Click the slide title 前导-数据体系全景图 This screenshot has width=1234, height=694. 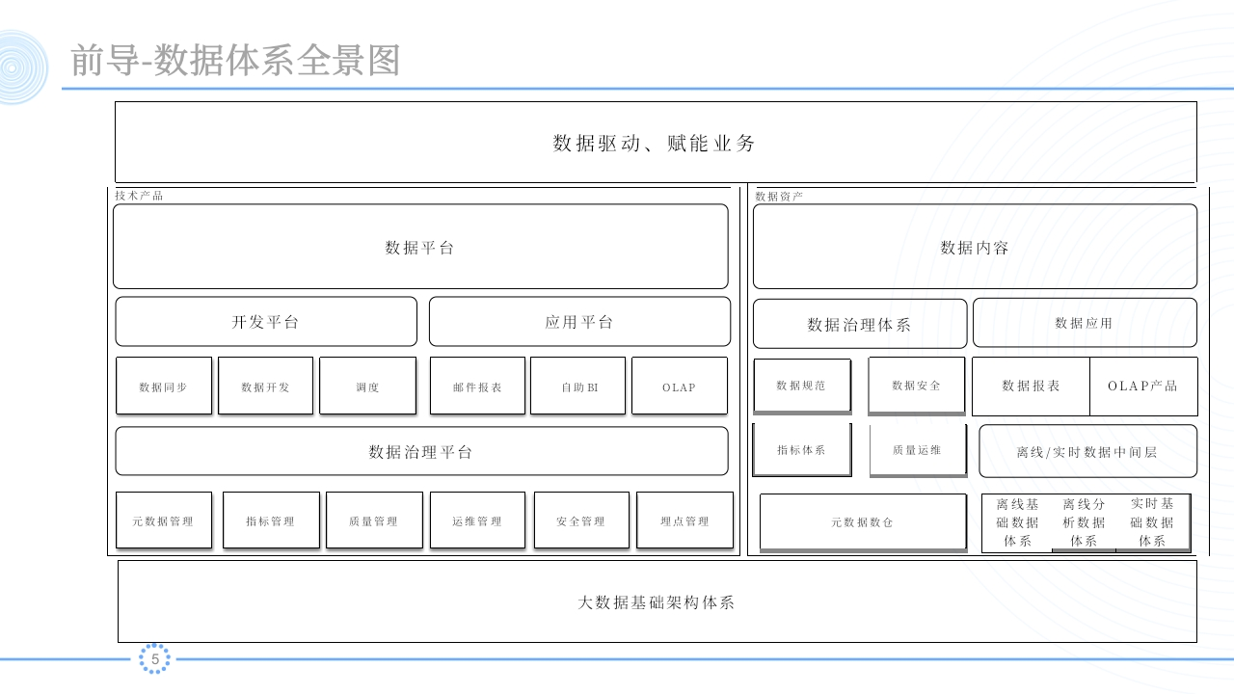click(x=235, y=60)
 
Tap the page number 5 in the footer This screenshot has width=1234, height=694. click(x=155, y=658)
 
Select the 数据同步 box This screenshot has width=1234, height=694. click(x=164, y=386)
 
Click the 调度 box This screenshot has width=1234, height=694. click(x=367, y=386)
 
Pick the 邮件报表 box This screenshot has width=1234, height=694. click(x=477, y=386)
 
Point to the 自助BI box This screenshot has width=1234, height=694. click(x=577, y=386)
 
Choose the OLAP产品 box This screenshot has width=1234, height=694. click(x=1143, y=387)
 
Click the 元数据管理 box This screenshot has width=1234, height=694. click(x=164, y=520)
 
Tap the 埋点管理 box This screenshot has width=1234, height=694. click(x=684, y=520)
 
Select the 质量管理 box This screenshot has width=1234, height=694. click(x=374, y=520)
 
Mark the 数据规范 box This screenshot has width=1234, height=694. click(x=802, y=386)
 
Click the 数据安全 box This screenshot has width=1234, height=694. click(x=916, y=386)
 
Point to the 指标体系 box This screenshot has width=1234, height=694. click(x=801, y=450)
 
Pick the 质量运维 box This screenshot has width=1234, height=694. click(x=918, y=450)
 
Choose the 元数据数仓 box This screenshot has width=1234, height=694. click(x=863, y=522)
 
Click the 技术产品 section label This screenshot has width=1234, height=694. click(x=139, y=196)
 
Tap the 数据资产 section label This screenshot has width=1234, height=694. click(x=779, y=196)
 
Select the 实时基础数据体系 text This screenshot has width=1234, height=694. click(x=1152, y=522)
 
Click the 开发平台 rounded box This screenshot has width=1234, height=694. click(x=266, y=322)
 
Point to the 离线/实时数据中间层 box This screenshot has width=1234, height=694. click(x=1087, y=451)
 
